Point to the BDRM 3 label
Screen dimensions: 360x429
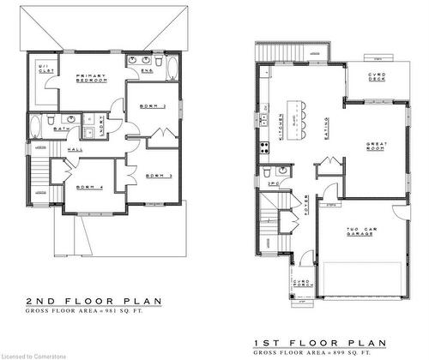(x=154, y=176)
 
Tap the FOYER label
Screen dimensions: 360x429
(x=306, y=205)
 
